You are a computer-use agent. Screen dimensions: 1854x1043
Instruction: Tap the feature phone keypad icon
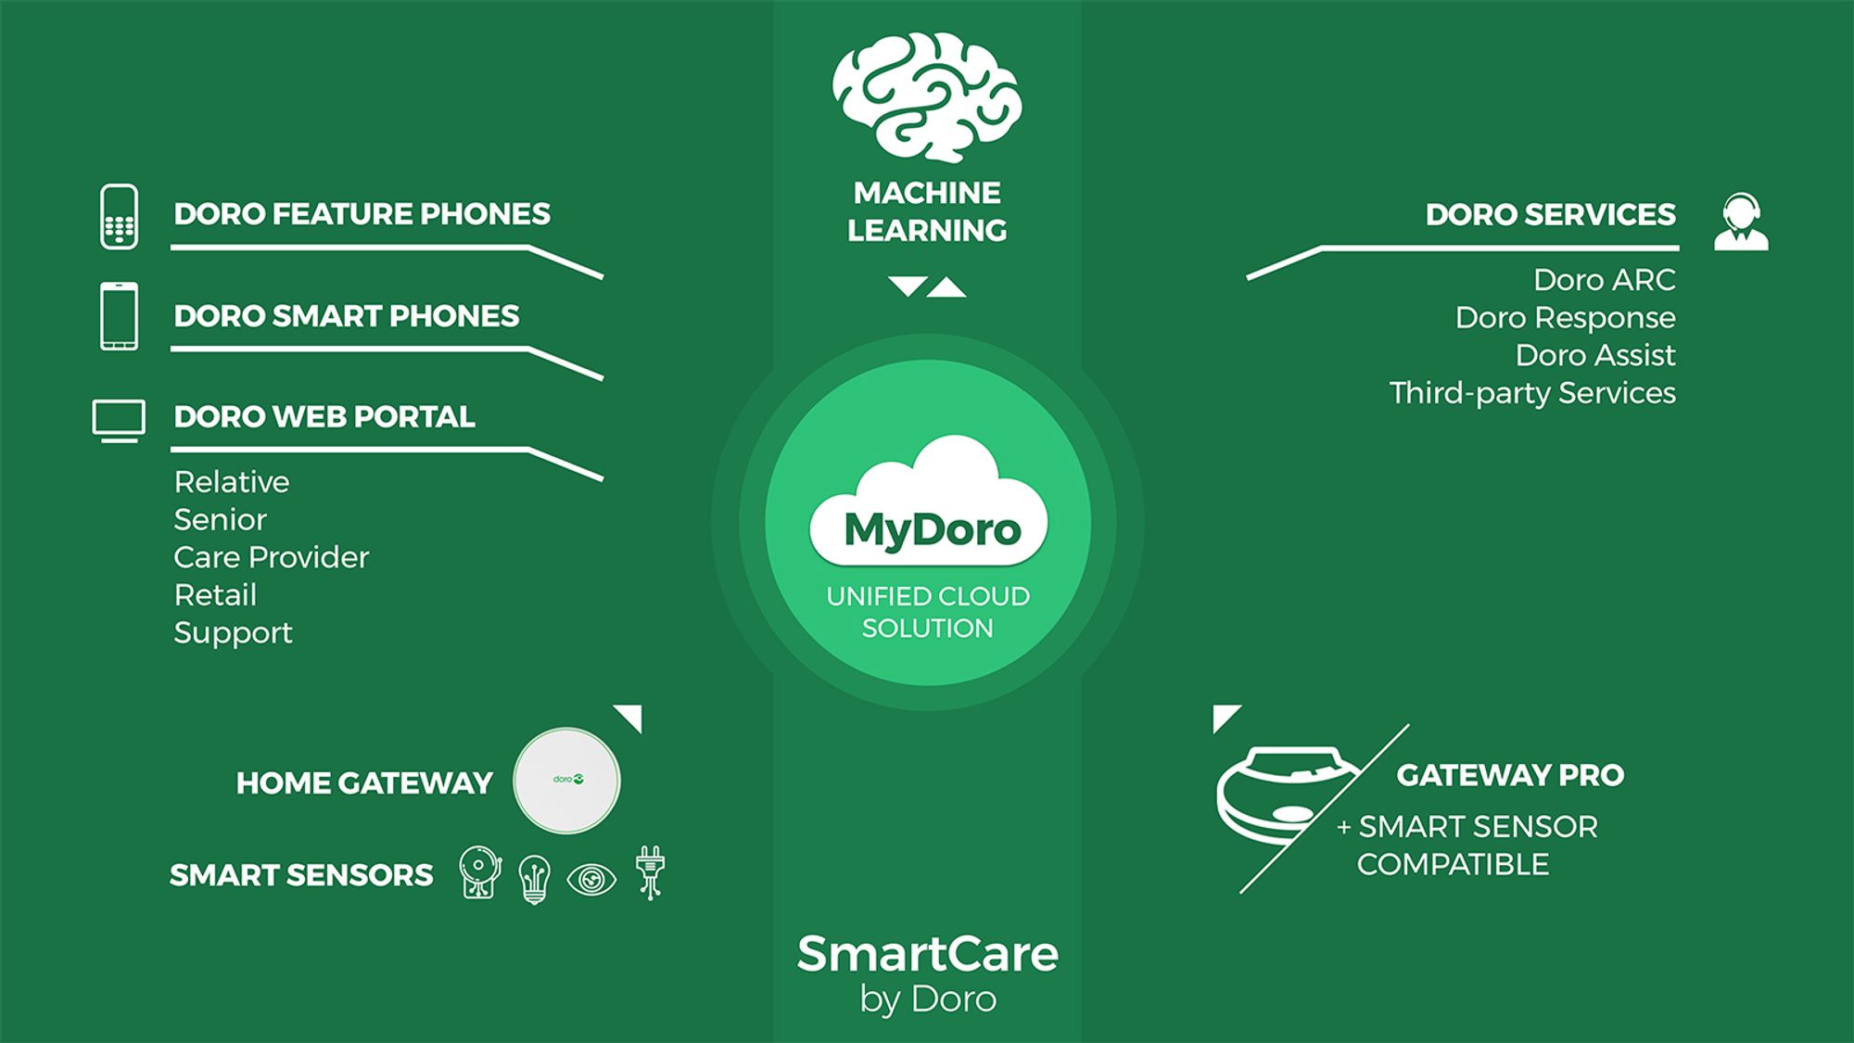[119, 217]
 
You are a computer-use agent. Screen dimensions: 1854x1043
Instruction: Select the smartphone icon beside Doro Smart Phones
[119, 316]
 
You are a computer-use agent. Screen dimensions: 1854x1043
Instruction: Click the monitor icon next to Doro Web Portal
[119, 421]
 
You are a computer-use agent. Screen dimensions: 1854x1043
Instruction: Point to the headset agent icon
[1741, 222]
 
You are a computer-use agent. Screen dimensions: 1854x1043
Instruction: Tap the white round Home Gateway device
[566, 781]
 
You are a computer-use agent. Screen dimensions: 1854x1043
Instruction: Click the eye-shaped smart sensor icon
[591, 879]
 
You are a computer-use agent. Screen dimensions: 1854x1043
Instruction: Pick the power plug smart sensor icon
[651, 872]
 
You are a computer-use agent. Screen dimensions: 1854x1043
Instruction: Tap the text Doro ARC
[1605, 280]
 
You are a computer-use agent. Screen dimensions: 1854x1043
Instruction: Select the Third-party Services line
[1532, 393]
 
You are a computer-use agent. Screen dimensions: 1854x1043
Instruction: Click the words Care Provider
[271, 557]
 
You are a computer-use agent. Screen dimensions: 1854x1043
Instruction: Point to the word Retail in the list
[215, 595]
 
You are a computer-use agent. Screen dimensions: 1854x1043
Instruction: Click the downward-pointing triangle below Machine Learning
[908, 286]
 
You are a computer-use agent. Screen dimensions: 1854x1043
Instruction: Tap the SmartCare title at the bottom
[928, 954]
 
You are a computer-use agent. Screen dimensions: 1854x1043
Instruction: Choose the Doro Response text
[1566, 318]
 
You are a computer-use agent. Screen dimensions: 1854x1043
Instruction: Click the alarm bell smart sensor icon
[480, 872]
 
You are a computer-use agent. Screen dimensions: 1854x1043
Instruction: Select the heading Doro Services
[1551, 214]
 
